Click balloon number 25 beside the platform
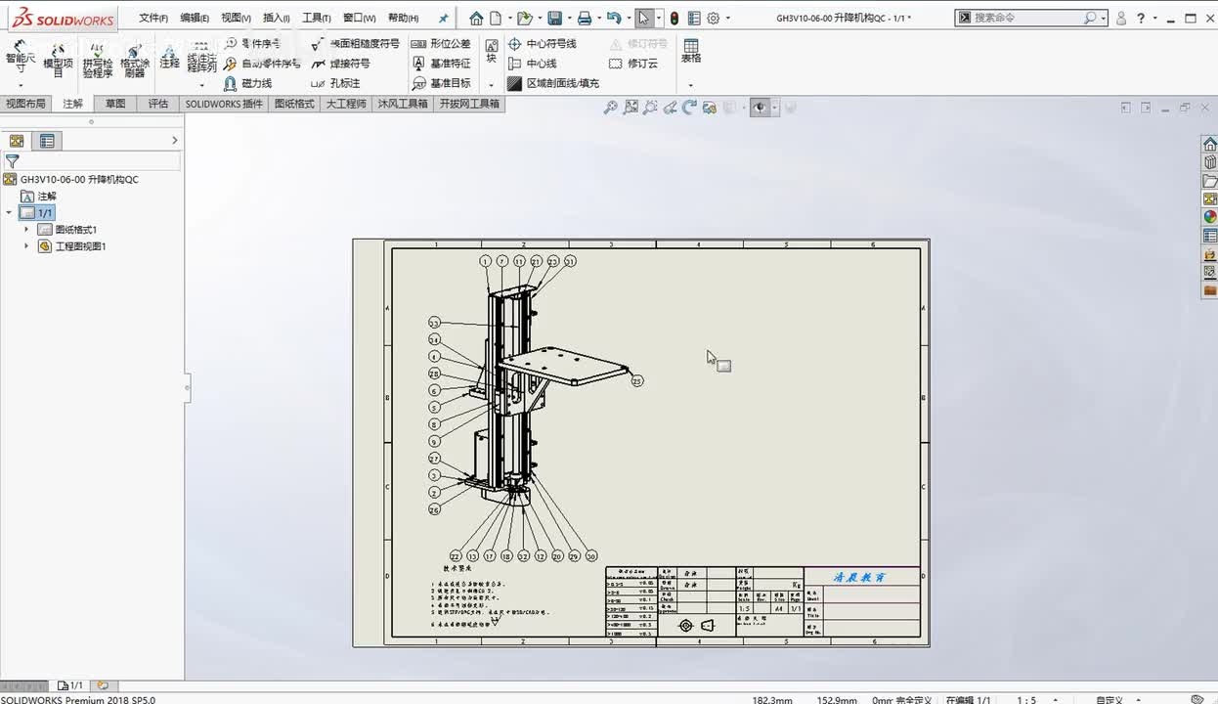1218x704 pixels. [637, 380]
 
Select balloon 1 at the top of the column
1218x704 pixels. [486, 261]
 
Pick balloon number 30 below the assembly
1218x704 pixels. [591, 555]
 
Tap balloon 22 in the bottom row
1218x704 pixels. [456, 555]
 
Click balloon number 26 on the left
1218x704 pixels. [434, 509]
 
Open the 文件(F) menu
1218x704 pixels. [152, 18]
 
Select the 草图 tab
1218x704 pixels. [115, 104]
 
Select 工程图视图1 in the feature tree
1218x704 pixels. [80, 246]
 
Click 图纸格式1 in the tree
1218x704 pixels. [75, 230]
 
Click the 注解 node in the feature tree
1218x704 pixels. [47, 197]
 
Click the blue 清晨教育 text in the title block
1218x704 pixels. [859, 578]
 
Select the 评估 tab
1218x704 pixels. [157, 104]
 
